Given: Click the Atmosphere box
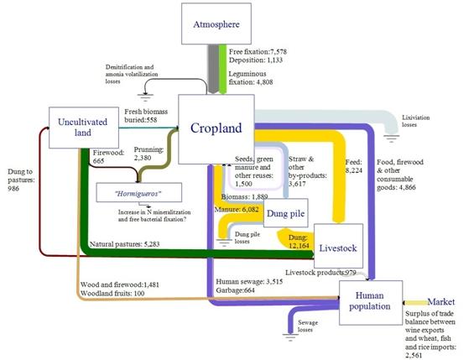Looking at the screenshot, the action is (x=216, y=23).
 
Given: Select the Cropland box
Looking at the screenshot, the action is (x=216, y=129).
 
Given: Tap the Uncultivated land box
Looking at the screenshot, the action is (x=83, y=128).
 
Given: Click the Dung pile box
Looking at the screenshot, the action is (x=286, y=213).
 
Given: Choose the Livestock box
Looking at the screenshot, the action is (x=338, y=246).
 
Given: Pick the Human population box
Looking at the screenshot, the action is (x=371, y=303).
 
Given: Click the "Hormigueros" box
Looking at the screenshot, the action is (x=138, y=192).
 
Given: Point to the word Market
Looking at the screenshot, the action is (x=441, y=301).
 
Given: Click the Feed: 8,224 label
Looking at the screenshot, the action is (x=354, y=166).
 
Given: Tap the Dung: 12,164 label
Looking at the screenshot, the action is (x=299, y=242).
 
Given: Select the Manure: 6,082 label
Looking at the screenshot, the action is (x=237, y=209).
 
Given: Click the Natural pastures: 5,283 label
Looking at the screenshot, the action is (x=124, y=244).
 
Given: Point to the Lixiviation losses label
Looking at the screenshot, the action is (x=415, y=121).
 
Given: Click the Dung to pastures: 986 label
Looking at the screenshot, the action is (x=21, y=180).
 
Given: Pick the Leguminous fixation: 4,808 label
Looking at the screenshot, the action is (x=251, y=78).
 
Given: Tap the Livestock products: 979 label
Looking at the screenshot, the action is (x=320, y=273).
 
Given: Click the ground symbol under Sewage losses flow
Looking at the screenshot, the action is (x=290, y=337).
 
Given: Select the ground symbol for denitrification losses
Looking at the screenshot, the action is (x=145, y=97).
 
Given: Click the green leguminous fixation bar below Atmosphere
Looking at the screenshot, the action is (x=223, y=69).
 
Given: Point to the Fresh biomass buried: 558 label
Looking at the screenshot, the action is (x=146, y=116).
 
